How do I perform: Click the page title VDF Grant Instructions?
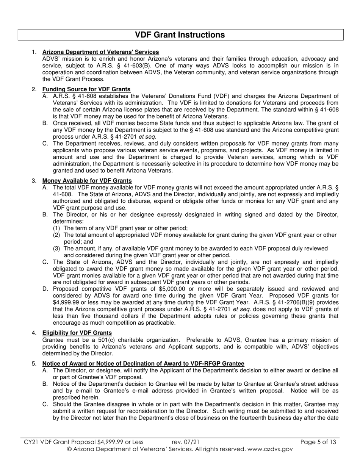click(x=180, y=35)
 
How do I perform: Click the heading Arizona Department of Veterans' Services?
click(x=100, y=52)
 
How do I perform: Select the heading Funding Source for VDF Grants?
click(x=86, y=89)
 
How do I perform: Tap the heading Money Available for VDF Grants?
click(x=87, y=181)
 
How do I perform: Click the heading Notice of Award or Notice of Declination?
click(x=143, y=364)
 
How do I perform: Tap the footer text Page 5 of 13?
click(x=318, y=442)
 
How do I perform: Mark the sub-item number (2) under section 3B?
click(x=56, y=235)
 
